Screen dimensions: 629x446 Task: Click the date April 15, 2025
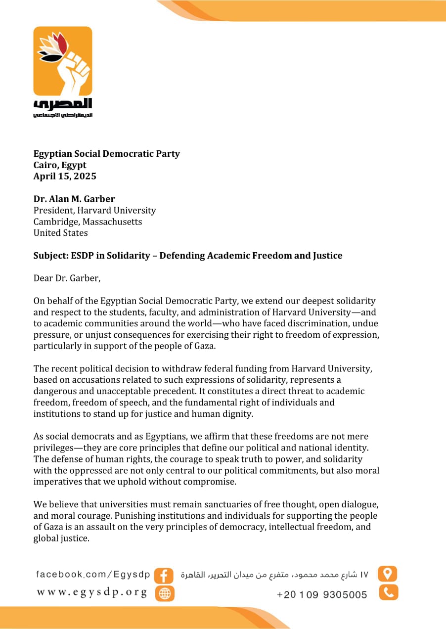coord(65,176)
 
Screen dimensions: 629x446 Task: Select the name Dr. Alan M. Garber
coord(74,199)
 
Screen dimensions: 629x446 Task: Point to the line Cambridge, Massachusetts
coord(88,222)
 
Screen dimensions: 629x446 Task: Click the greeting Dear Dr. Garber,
coord(67,278)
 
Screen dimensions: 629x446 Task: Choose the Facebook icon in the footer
coord(164,576)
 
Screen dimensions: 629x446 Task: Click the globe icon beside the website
coord(165,593)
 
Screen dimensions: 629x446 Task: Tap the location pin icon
coord(388,574)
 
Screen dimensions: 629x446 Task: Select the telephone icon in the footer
coord(388,592)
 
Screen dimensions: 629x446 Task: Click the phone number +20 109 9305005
coord(322,594)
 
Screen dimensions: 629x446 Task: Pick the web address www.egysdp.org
coord(92,592)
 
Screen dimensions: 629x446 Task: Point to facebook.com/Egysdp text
coord(93,574)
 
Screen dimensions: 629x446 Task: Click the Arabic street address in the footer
coord(275,575)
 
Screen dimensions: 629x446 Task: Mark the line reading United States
coord(60,233)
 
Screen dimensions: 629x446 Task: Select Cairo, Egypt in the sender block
coord(60,165)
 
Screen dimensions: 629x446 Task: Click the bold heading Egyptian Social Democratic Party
coord(106,154)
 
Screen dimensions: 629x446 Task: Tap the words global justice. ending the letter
coord(61,539)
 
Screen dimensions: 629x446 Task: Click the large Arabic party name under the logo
coord(63,104)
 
